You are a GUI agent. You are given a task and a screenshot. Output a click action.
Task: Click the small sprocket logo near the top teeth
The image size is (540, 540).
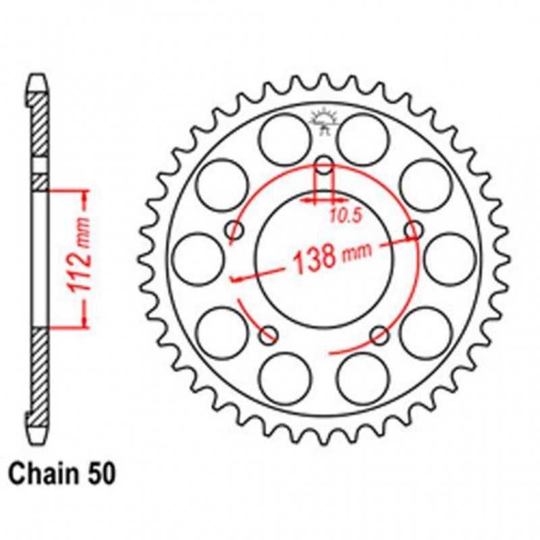(324, 121)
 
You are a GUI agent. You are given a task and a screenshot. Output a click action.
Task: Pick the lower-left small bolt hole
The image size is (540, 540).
(269, 334)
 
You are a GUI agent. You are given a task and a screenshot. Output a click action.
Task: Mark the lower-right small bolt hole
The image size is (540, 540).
(380, 334)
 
